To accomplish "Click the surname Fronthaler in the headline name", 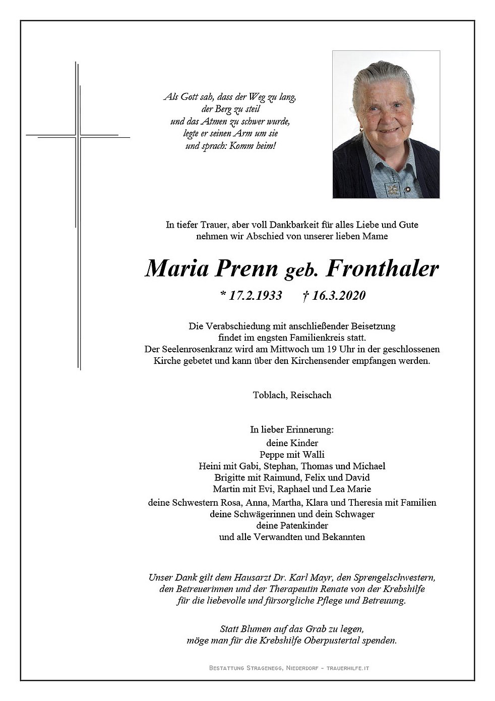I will coord(383,268).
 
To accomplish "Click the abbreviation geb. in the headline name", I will coord(302,272).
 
